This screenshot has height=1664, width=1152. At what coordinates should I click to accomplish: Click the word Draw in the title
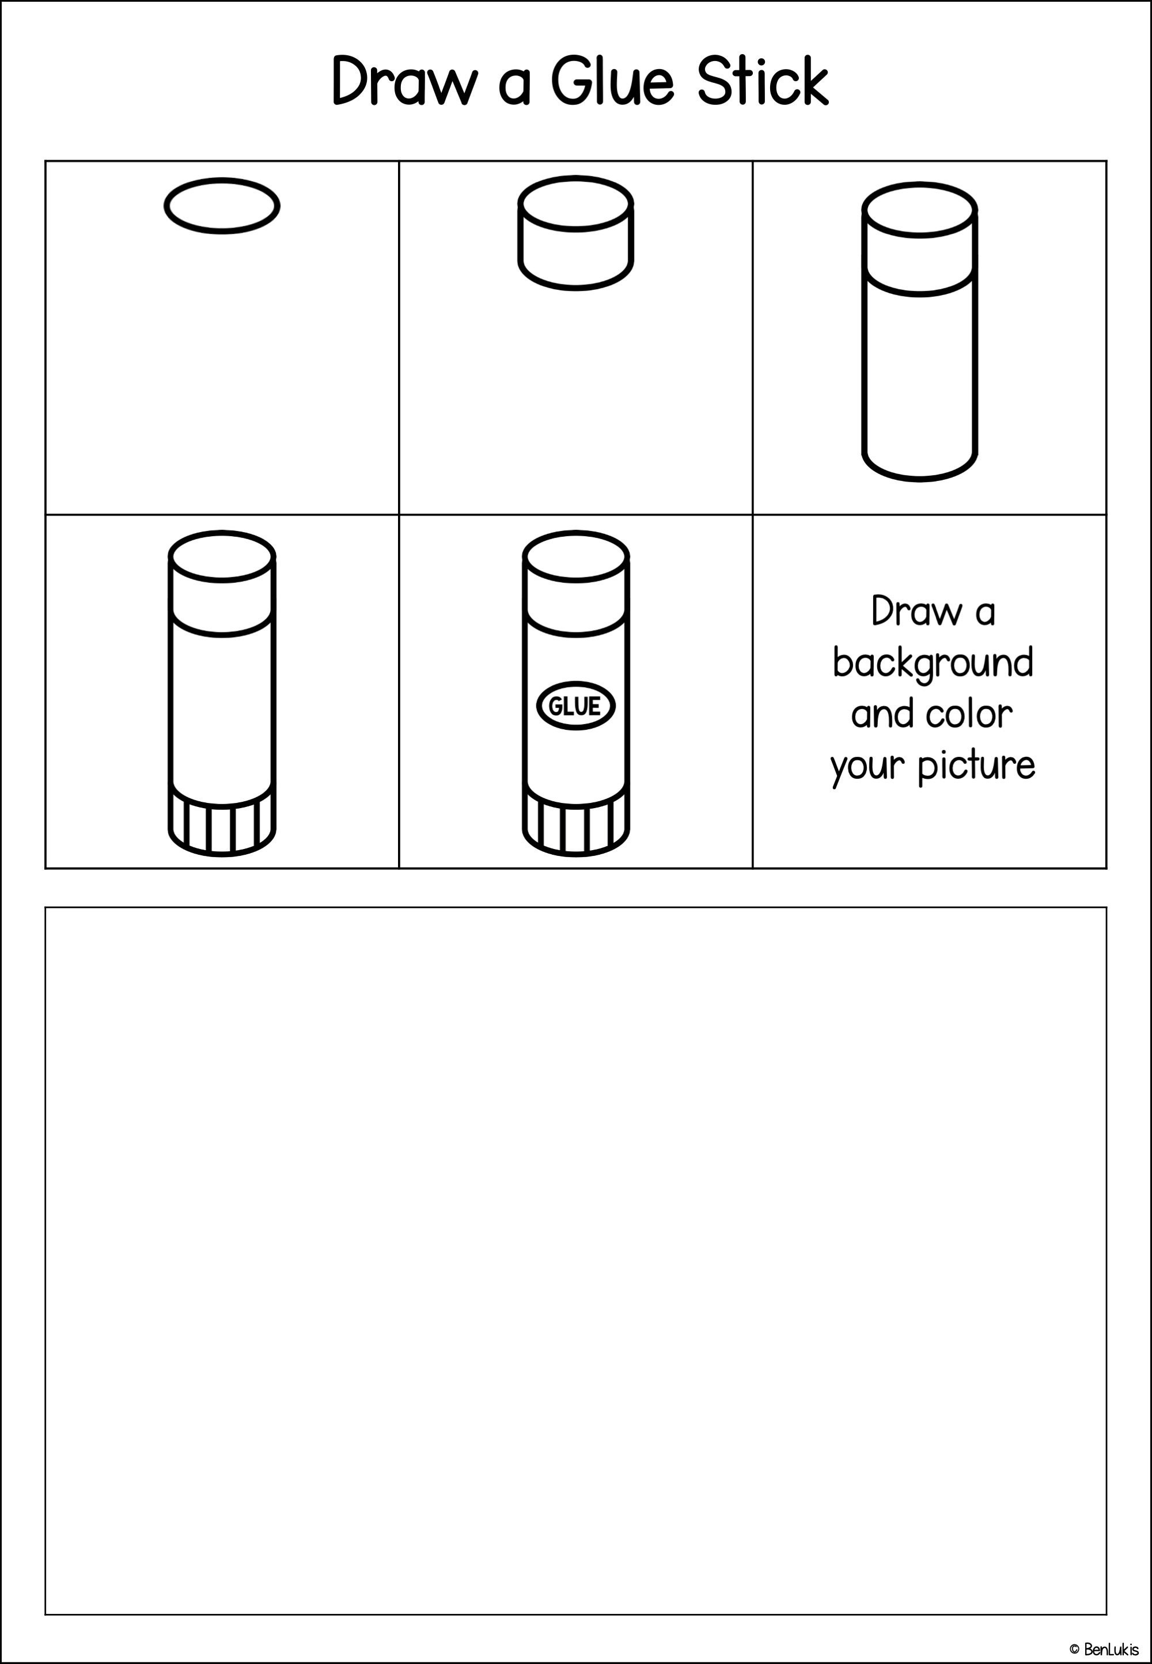pyautogui.click(x=404, y=81)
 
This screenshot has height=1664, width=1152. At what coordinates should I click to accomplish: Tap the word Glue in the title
pyautogui.click(x=612, y=81)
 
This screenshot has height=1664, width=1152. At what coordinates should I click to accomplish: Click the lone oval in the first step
pyautogui.click(x=222, y=206)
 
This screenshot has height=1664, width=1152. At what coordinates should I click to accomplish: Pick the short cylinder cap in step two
pyautogui.click(x=575, y=234)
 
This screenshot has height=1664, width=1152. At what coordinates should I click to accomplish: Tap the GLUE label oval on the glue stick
pyautogui.click(x=575, y=706)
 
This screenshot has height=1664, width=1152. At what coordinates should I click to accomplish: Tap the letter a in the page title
pyautogui.click(x=514, y=85)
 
